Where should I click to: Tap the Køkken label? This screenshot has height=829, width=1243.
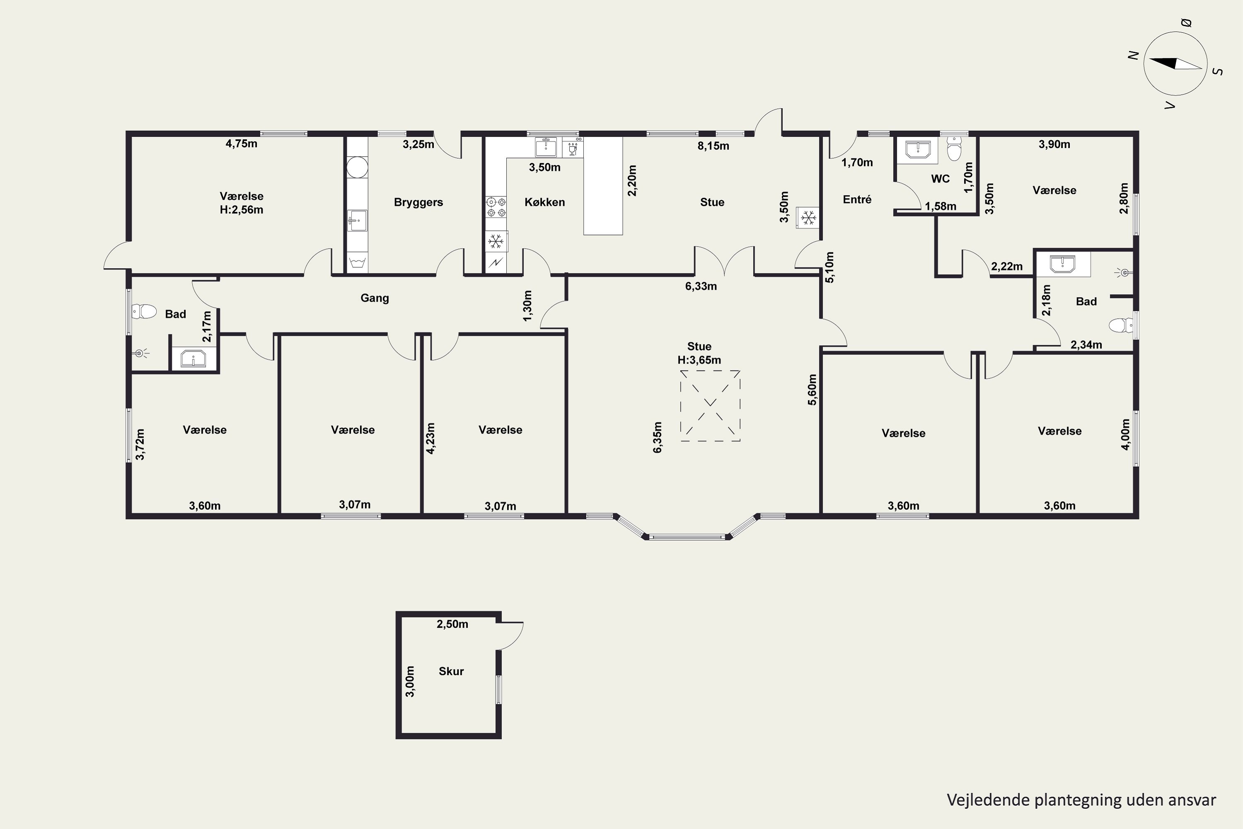point(544,202)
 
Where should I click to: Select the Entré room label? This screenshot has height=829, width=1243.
point(857,199)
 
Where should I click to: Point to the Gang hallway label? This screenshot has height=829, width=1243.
point(375,298)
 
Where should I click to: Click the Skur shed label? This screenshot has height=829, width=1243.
point(451,671)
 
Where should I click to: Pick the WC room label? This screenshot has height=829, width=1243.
point(940,179)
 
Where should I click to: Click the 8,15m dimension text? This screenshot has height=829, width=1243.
point(713,146)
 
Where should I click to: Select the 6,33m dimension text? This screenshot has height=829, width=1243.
point(701,286)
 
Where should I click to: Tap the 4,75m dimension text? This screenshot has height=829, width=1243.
point(242,144)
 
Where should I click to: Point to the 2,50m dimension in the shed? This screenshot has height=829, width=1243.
point(452,624)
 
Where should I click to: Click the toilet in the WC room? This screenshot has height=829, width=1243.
point(954,148)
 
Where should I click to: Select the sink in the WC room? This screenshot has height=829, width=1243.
point(917,149)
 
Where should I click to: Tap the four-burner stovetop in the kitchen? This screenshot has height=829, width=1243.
point(496,207)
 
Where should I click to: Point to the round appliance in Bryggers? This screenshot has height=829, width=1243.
point(357,167)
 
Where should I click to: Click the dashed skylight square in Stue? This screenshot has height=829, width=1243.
point(710,406)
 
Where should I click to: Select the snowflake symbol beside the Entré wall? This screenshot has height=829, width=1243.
point(808,217)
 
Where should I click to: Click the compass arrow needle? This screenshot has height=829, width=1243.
point(1175,63)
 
